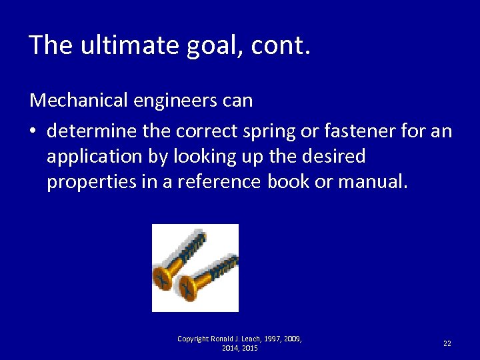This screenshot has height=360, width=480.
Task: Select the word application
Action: point(91,157)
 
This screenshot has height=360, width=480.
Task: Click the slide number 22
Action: point(447,343)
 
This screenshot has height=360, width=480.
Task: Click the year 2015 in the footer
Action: point(249,348)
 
